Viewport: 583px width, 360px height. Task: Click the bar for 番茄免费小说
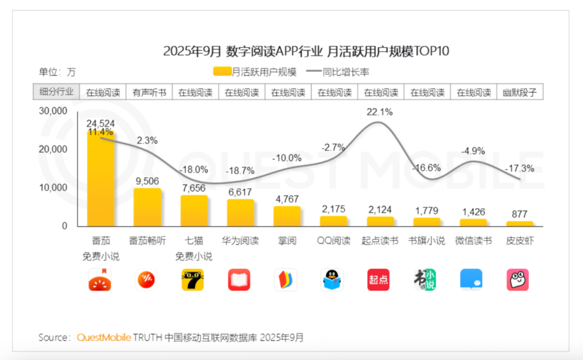101,179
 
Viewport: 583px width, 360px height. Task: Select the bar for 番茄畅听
147,208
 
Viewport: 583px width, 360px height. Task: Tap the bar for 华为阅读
240,213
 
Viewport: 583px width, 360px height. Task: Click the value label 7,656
194,188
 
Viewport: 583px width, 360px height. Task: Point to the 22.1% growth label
380,112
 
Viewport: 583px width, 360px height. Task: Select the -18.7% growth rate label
241,172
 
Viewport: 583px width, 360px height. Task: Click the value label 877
520,214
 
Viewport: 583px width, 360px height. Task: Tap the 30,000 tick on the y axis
53,111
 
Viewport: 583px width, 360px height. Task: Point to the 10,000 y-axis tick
53,188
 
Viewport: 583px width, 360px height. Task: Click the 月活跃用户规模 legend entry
255,72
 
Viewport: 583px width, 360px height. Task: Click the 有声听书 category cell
148,93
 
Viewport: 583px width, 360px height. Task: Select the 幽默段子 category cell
520,93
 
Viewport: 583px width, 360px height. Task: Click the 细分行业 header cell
56,92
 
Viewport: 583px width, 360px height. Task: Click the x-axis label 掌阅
287,240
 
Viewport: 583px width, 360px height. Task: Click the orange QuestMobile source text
103,337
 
